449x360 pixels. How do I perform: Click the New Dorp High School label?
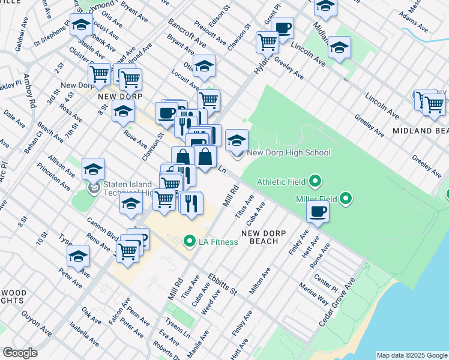point(289,153)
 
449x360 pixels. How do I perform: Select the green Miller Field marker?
point(346,198)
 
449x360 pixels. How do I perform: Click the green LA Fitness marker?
point(190,242)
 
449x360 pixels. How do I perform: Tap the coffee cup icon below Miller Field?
point(318,211)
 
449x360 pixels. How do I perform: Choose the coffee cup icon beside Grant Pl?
point(282,27)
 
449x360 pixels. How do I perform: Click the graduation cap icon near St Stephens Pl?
point(80,25)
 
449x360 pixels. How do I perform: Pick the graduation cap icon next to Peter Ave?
point(78,256)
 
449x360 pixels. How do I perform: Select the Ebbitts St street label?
point(222,284)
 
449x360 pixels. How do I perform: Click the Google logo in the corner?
point(20,353)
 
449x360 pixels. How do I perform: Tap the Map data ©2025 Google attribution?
point(411,355)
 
